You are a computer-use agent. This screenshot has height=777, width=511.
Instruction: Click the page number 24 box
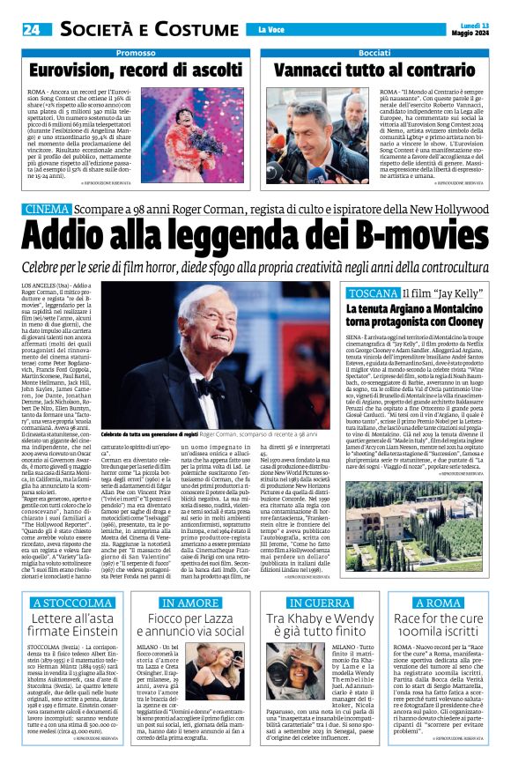point(32,28)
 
